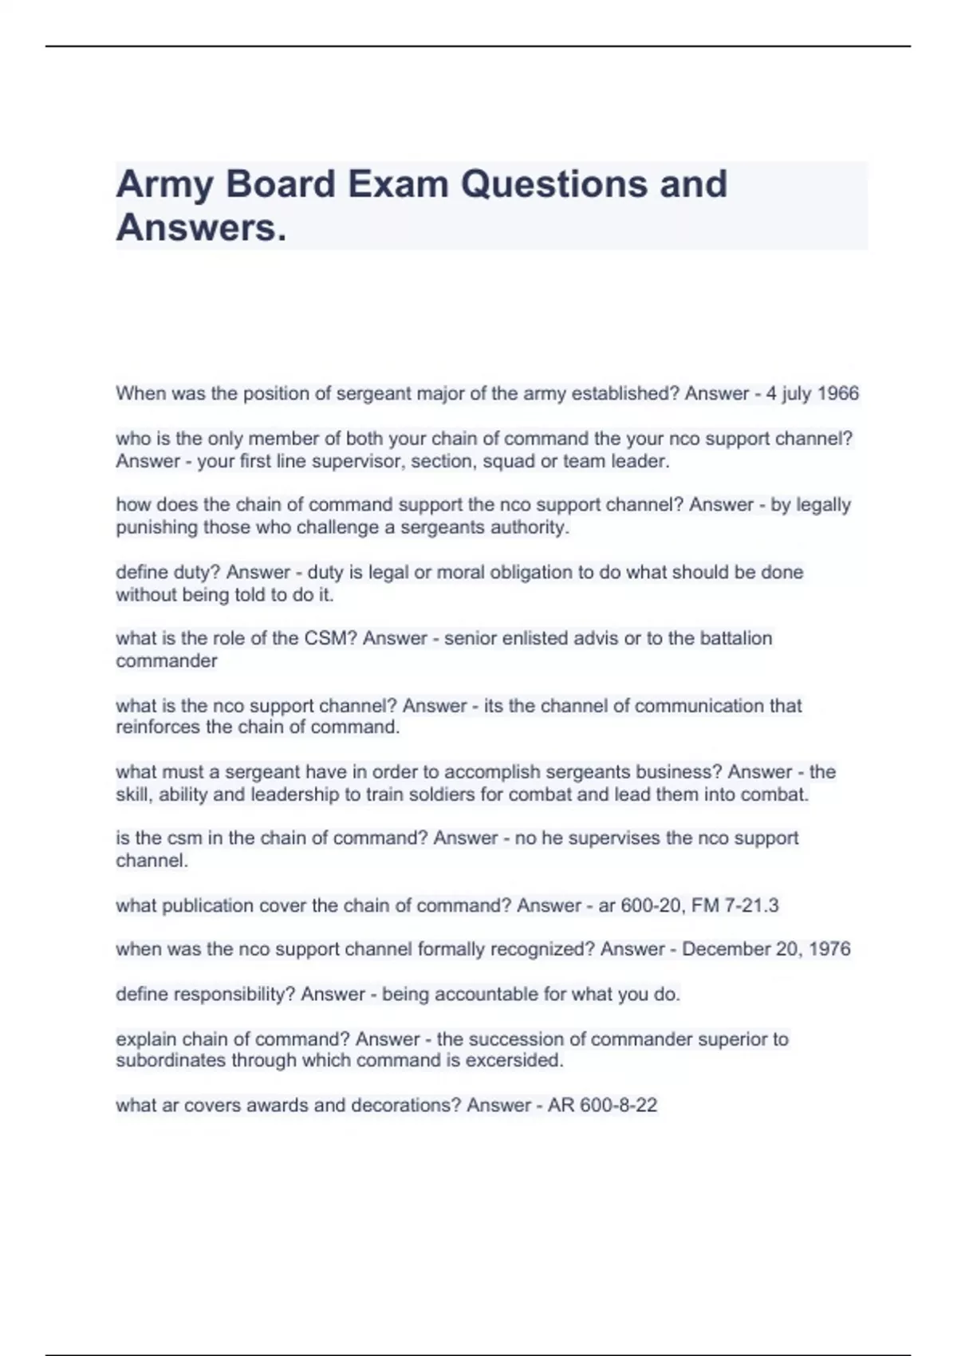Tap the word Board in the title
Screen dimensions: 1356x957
[x=281, y=184]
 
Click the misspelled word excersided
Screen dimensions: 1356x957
[x=514, y=1061]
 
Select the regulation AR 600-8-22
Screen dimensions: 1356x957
[x=602, y=1106]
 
